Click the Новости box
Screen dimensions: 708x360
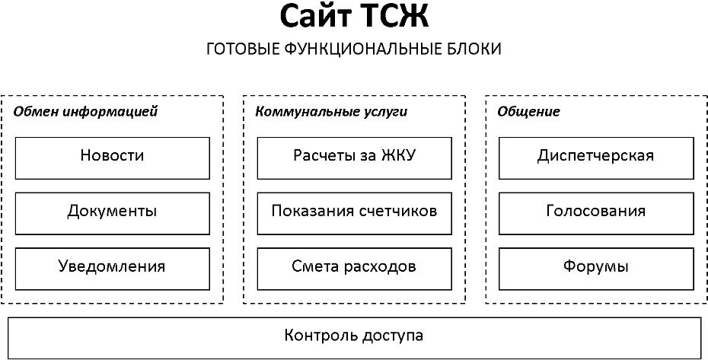[x=113, y=158]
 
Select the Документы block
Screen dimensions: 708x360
[x=113, y=214]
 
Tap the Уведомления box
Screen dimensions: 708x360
[x=113, y=269]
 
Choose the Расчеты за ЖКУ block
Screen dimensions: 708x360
[x=355, y=158]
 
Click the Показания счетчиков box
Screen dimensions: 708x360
[x=355, y=214]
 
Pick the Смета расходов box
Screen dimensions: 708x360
[x=355, y=269]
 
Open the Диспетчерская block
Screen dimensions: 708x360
[x=596, y=158]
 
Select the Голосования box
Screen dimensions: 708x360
[x=596, y=214]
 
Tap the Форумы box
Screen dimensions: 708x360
[x=596, y=269]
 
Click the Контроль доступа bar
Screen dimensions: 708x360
[x=355, y=339]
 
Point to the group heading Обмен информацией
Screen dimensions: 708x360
[x=85, y=112]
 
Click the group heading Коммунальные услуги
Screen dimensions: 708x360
[x=331, y=112]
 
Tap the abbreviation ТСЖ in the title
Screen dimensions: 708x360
[x=395, y=17]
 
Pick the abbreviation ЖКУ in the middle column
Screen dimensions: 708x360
[x=398, y=155]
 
